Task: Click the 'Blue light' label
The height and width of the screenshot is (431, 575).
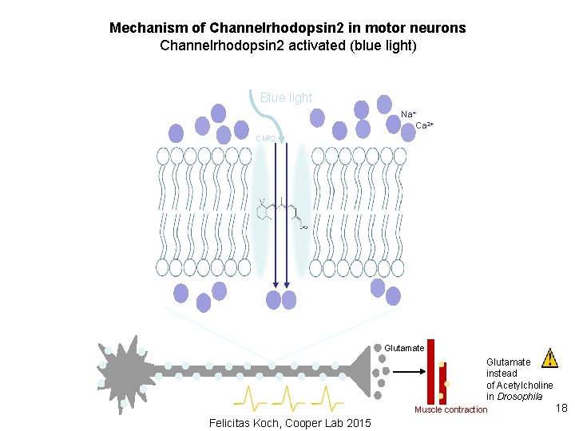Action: coord(286,97)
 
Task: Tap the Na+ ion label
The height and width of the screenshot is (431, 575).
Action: coord(408,115)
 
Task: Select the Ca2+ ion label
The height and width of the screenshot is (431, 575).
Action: coord(424,126)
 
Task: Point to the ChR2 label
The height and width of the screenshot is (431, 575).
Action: coord(265,139)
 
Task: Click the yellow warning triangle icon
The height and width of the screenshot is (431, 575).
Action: coord(549,358)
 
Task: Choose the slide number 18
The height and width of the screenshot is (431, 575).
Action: coord(561,409)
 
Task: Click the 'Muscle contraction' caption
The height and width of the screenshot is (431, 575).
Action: coord(450,409)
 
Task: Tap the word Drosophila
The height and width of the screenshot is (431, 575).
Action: coord(520,397)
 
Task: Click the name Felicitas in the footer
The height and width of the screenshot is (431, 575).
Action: coord(231,423)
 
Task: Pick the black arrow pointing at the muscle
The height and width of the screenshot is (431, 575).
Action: coord(411,371)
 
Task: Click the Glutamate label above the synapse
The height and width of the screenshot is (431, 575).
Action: coord(404,348)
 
